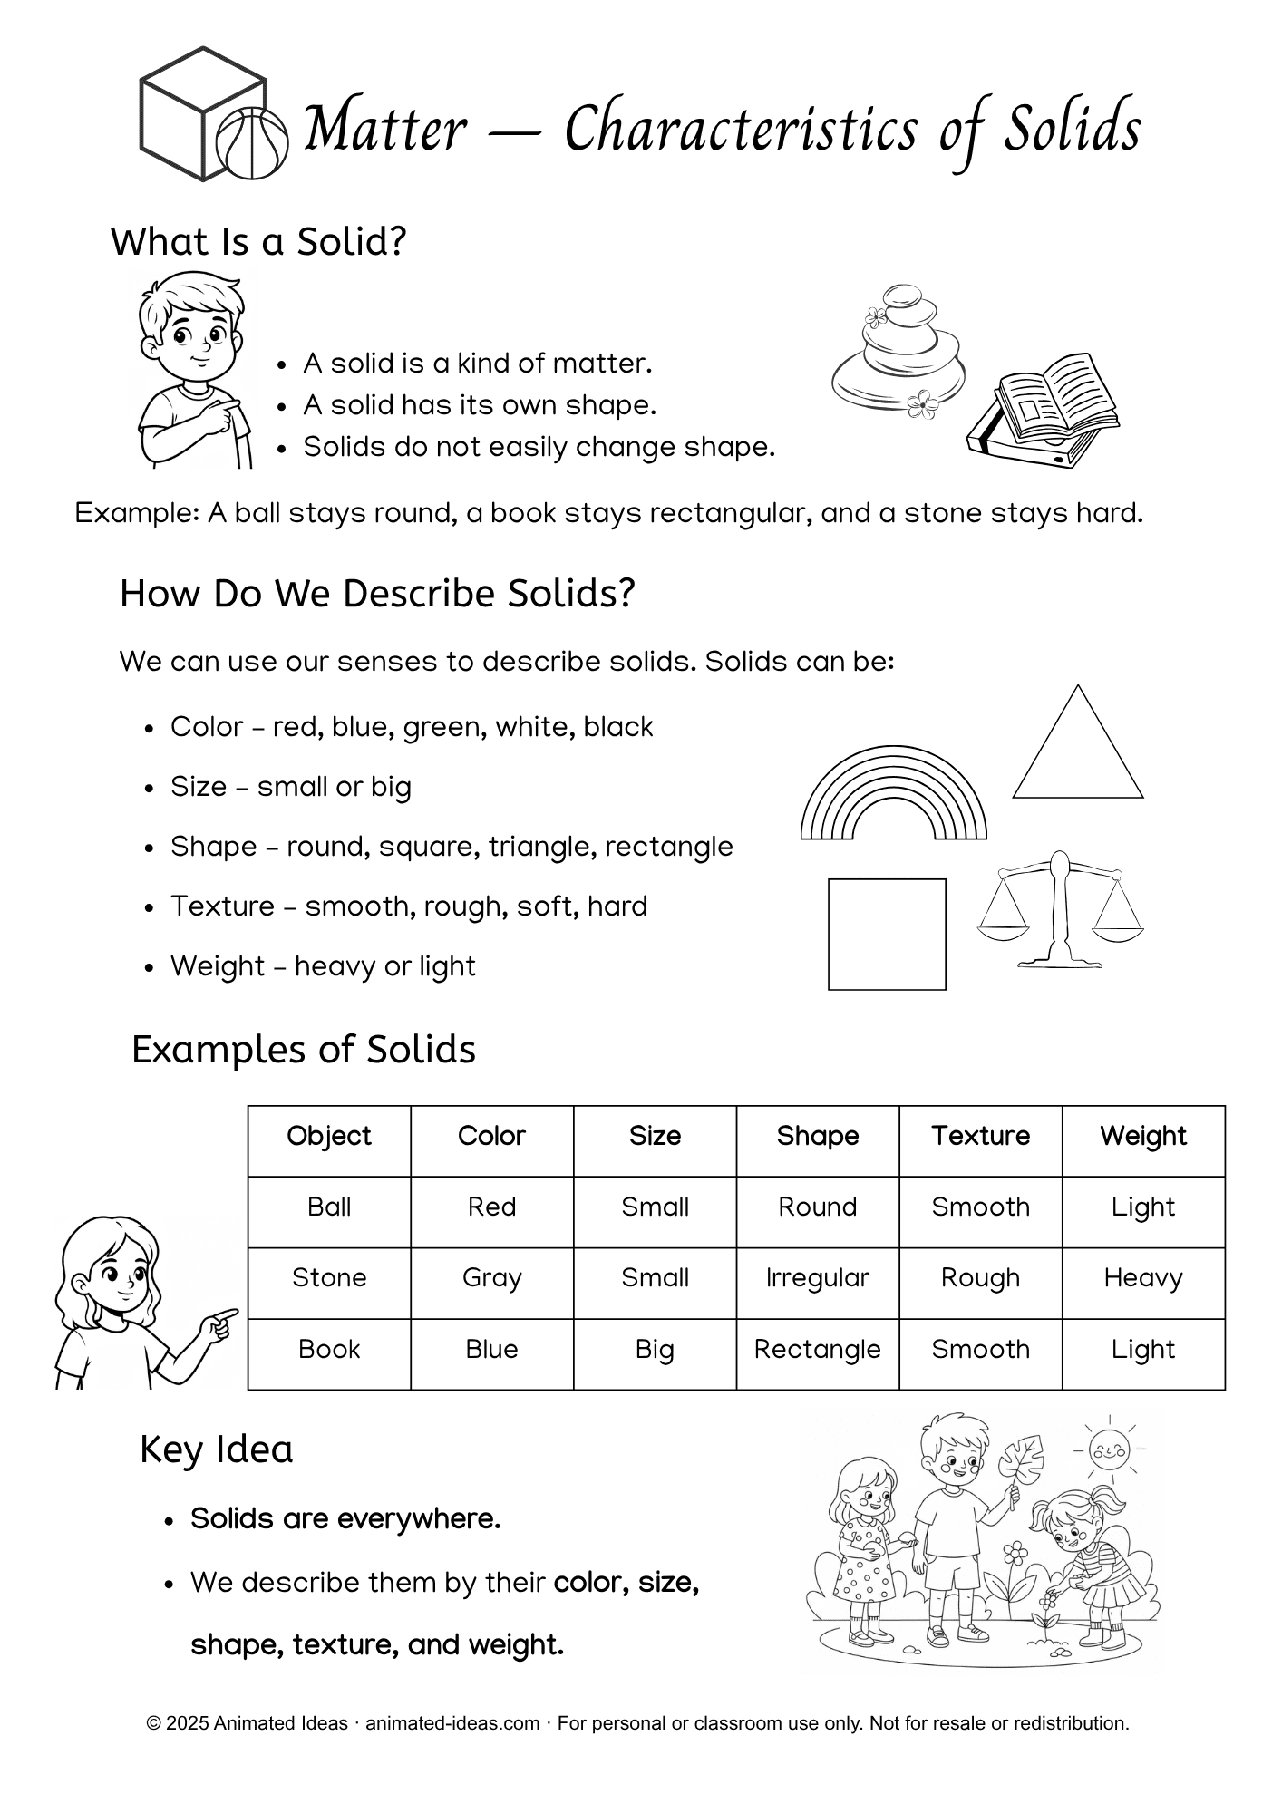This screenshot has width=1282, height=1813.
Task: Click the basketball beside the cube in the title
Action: (251, 142)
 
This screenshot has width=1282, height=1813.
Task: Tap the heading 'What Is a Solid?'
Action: (258, 242)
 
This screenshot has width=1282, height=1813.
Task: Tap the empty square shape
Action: (887, 934)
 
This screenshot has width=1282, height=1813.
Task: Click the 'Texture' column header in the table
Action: (980, 1136)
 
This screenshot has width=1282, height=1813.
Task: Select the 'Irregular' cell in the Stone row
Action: (817, 1277)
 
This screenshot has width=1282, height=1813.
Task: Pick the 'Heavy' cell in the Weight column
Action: (1142, 1277)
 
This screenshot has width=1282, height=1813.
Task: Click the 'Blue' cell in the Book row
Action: (491, 1349)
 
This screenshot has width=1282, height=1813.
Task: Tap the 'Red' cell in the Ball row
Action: (491, 1207)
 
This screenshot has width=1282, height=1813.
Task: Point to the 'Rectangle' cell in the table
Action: (817, 1349)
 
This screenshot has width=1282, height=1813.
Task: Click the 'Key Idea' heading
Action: (216, 1449)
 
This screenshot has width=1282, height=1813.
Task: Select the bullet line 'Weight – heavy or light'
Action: (322, 965)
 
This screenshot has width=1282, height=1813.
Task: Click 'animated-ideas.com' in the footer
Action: (452, 1723)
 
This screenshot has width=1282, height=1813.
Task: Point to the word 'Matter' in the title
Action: (384, 129)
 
